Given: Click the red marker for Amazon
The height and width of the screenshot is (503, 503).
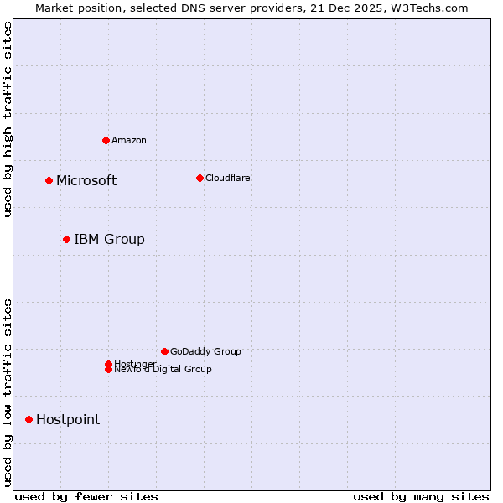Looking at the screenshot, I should pyautogui.click(x=106, y=140).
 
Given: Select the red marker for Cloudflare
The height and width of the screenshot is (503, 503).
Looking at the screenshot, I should pyautogui.click(x=200, y=178).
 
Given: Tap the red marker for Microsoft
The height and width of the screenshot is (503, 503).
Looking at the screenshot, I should pyautogui.click(x=49, y=180).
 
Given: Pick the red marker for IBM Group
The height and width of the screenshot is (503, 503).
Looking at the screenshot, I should pyautogui.click(x=66, y=240).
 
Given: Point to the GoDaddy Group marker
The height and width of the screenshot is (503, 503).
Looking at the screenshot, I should pyautogui.click(x=164, y=351).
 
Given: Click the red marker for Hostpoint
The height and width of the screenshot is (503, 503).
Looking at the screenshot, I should pyautogui.click(x=29, y=419).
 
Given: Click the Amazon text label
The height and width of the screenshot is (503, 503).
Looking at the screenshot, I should pyautogui.click(x=129, y=140).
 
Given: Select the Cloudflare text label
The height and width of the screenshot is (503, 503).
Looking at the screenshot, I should pyautogui.click(x=227, y=178).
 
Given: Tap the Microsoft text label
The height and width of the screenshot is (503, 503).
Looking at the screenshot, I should pyautogui.click(x=86, y=180).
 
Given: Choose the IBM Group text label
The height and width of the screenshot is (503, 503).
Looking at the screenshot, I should pyautogui.click(x=109, y=240).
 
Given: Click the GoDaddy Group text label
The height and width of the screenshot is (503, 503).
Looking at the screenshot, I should pyautogui.click(x=205, y=351).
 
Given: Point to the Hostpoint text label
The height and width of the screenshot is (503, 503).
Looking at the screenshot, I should pyautogui.click(x=68, y=419).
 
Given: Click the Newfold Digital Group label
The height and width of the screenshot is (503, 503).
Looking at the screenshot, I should pyautogui.click(x=163, y=370).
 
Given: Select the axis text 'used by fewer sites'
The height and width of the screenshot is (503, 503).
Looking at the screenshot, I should pyautogui.click(x=86, y=497).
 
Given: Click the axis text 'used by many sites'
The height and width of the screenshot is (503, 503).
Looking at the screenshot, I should pyautogui.click(x=421, y=497).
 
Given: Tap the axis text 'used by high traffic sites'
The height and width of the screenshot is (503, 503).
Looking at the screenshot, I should pyautogui.click(x=8, y=119).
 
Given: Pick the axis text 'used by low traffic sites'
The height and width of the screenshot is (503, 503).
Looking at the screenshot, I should pyautogui.click(x=8, y=392).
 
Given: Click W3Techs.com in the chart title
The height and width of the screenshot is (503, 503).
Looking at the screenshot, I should pyautogui.click(x=432, y=8).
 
